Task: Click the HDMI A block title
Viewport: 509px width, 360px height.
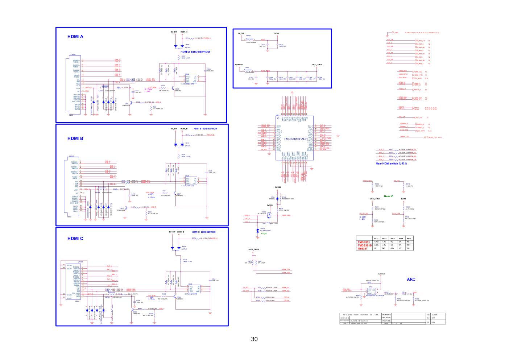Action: (x=75, y=37)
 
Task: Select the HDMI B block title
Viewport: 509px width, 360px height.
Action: (x=75, y=138)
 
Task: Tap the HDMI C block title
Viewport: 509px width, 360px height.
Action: (x=75, y=239)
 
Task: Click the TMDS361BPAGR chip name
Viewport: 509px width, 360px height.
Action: (x=295, y=139)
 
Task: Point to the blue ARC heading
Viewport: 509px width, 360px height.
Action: (x=411, y=279)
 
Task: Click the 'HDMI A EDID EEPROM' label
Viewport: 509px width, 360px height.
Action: (x=195, y=52)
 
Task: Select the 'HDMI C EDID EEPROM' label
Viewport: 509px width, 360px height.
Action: (x=204, y=232)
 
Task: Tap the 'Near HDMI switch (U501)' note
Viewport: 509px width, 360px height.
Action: (x=391, y=164)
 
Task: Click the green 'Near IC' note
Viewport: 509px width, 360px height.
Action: (x=388, y=196)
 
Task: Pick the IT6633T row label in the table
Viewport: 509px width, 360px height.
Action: (x=363, y=249)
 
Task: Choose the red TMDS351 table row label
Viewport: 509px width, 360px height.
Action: (x=364, y=242)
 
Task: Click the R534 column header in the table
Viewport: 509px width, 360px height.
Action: (x=401, y=239)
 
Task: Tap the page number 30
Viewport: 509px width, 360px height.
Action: (x=254, y=339)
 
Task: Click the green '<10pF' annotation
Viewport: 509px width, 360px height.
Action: (x=264, y=233)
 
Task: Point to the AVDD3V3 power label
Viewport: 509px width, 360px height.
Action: (x=239, y=65)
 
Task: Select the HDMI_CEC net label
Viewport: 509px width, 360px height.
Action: (x=286, y=215)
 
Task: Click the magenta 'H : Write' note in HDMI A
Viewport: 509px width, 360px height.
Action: (x=149, y=89)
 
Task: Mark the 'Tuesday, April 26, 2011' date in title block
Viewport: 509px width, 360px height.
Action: (x=359, y=323)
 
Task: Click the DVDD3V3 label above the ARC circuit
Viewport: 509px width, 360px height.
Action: (x=381, y=274)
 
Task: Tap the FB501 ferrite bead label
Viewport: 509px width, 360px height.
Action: (x=248, y=36)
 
